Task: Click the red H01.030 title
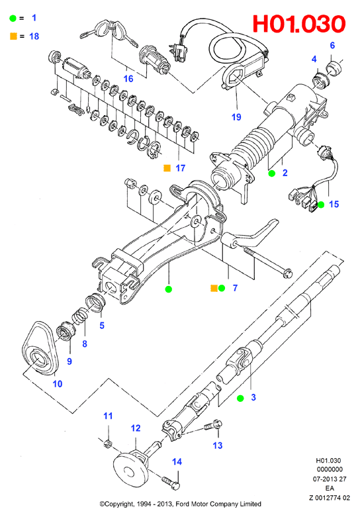[299, 24]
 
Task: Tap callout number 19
[236, 117]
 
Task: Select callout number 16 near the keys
[128, 79]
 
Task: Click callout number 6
[332, 45]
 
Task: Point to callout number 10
[58, 384]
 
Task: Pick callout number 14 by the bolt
[177, 461]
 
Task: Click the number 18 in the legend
[34, 36]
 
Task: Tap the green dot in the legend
[13, 18]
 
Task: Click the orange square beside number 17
[167, 168]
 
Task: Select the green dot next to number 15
[321, 205]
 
